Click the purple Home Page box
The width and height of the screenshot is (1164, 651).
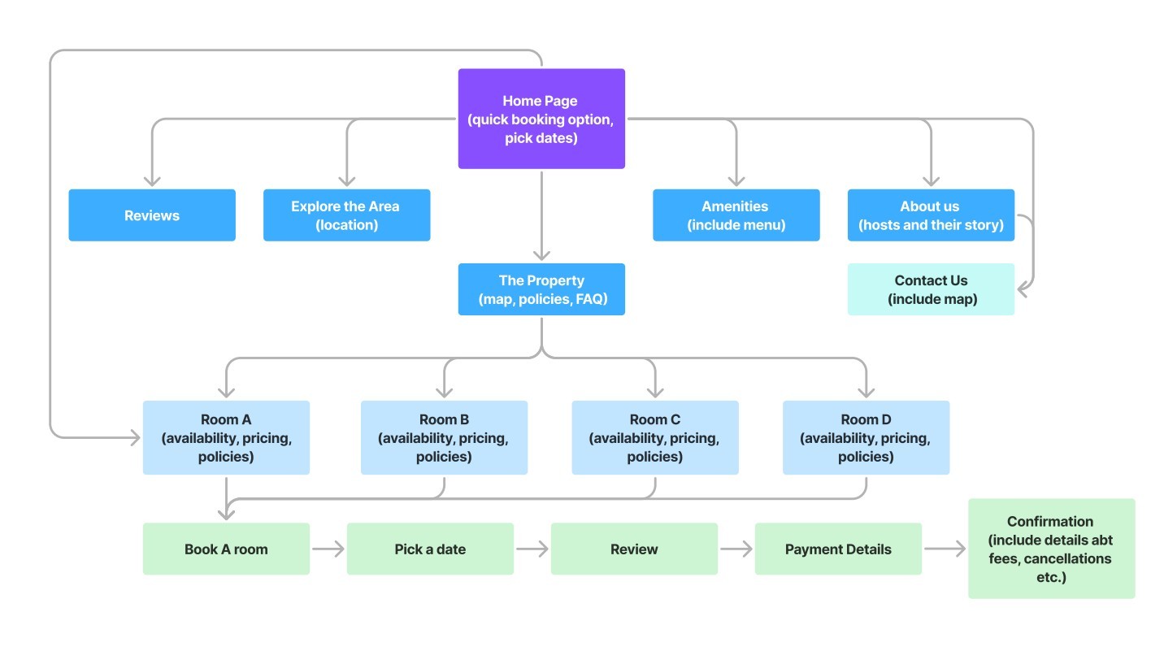[x=541, y=119]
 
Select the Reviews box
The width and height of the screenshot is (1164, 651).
[x=152, y=215]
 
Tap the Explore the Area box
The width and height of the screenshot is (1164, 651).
[x=346, y=215]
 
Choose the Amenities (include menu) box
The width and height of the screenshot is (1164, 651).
[x=736, y=215]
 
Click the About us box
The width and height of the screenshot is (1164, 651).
[x=931, y=215]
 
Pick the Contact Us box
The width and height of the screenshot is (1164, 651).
[x=931, y=289]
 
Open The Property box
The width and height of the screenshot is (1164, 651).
[x=541, y=289]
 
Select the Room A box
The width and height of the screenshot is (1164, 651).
[x=226, y=437]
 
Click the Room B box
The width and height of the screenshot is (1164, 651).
[x=445, y=437]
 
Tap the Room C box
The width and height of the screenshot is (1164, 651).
[x=655, y=437]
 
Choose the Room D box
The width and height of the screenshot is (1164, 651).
[x=866, y=437]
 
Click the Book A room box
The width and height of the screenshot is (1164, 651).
[x=226, y=549]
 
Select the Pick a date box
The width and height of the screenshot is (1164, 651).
[x=430, y=549]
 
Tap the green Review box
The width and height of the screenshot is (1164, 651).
[x=635, y=549]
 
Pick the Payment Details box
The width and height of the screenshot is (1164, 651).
[x=838, y=549]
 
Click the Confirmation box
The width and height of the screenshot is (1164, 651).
[x=1052, y=549]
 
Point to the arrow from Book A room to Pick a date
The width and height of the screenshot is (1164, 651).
[x=328, y=549]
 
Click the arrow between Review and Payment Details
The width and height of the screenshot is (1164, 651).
[x=736, y=549]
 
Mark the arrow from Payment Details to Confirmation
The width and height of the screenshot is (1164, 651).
[x=945, y=549]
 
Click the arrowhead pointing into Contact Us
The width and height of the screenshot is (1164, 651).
[x=1022, y=289]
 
